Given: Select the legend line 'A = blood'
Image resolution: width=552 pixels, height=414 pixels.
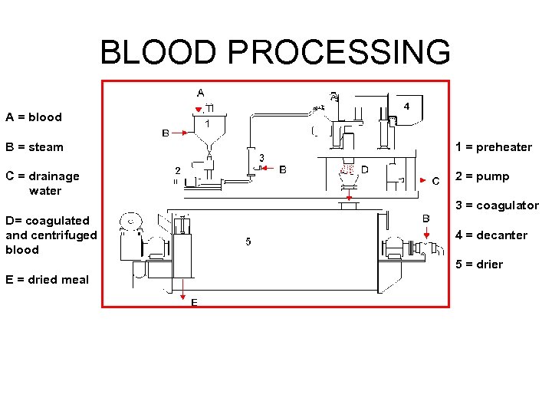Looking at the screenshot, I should (x=34, y=117).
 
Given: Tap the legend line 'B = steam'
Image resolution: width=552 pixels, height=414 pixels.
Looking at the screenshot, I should (x=34, y=147).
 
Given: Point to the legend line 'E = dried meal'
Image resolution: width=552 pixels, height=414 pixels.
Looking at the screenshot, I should (x=47, y=280).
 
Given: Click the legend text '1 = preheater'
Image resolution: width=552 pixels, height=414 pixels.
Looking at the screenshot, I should (x=493, y=147).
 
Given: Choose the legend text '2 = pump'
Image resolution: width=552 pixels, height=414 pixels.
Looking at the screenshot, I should (x=481, y=176).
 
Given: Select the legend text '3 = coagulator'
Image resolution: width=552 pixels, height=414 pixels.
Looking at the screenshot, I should (x=497, y=205).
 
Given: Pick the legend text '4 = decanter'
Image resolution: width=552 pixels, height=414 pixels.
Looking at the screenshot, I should (x=491, y=235).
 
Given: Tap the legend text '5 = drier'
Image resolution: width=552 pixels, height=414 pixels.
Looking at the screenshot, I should (x=479, y=264).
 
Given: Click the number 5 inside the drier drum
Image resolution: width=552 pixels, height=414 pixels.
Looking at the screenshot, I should (x=248, y=242).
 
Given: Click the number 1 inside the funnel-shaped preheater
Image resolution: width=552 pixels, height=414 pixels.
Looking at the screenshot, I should (x=208, y=123).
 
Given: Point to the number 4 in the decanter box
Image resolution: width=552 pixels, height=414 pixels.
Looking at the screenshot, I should (x=406, y=107).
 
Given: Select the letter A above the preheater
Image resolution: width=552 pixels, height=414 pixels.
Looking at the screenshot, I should (x=200, y=93).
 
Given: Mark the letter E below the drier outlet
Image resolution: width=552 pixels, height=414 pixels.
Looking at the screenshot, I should (x=194, y=303).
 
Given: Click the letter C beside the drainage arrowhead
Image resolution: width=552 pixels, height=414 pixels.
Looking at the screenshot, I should (x=435, y=181).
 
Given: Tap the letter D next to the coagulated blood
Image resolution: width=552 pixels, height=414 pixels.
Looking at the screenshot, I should (x=365, y=169).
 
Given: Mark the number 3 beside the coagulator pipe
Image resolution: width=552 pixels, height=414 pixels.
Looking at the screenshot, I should (x=261, y=158).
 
